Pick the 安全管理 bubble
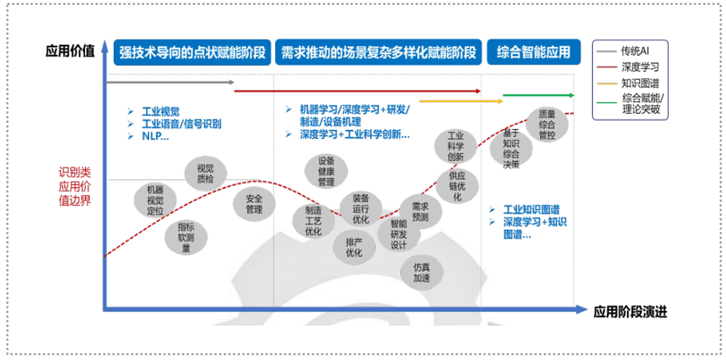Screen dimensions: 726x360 [254, 204]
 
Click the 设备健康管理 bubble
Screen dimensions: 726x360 [326, 171]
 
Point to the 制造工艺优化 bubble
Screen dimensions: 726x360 [313, 220]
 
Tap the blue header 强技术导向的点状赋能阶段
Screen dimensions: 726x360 [191, 52]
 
